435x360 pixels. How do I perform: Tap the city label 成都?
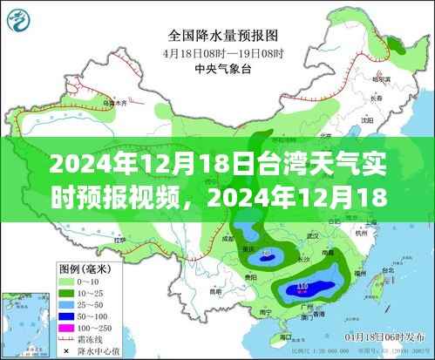point(229,236)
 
